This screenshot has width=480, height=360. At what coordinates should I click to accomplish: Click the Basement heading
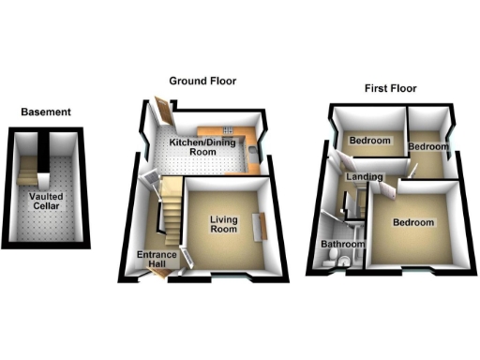(x=45, y=112)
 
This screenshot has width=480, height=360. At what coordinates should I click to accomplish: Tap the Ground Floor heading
(x=202, y=82)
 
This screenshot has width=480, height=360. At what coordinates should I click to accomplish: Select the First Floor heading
(x=390, y=90)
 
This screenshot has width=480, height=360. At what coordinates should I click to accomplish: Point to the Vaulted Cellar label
(x=46, y=202)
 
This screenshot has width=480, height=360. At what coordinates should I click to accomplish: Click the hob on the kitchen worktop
(x=250, y=141)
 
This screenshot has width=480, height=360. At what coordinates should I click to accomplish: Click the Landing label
(x=363, y=177)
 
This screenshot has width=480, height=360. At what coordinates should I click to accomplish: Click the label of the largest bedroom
(x=413, y=223)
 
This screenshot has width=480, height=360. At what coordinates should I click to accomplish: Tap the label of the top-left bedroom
(x=368, y=141)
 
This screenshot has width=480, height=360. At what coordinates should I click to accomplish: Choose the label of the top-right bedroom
(x=428, y=147)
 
